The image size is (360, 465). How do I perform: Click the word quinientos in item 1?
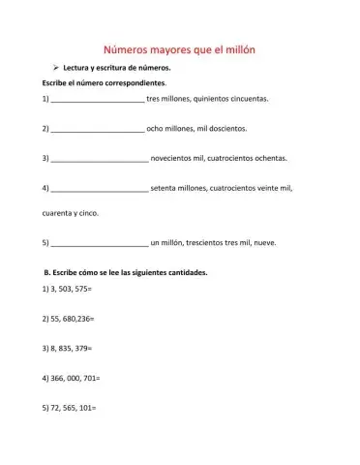coord(213,99)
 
